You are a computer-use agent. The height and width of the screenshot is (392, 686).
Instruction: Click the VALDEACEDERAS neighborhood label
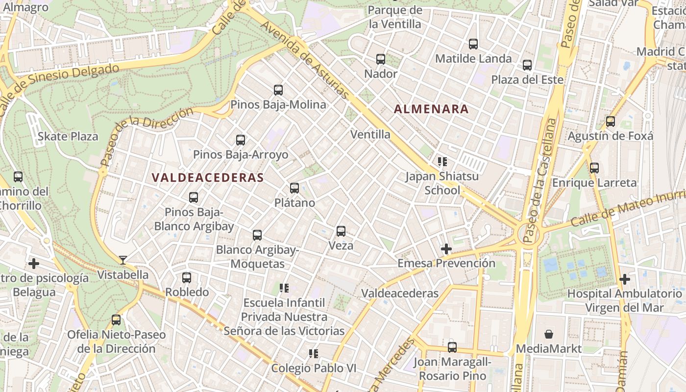[x=208, y=177]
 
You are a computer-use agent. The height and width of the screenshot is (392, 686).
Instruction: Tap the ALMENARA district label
[x=432, y=109]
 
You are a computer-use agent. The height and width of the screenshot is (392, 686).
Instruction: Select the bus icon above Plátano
[x=294, y=188]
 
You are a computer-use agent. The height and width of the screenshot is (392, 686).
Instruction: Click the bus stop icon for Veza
[x=341, y=231]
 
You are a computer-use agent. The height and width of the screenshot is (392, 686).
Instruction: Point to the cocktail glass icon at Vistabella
[x=123, y=260]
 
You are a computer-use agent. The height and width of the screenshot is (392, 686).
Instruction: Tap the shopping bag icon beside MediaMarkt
[x=549, y=334]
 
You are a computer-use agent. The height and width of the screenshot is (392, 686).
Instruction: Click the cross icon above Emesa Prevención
[x=446, y=249]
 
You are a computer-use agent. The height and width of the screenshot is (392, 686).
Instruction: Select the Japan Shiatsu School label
[x=442, y=183]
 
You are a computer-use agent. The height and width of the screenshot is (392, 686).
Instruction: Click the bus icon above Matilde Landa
[x=473, y=44]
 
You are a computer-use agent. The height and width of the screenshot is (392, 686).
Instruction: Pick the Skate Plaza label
[x=68, y=136]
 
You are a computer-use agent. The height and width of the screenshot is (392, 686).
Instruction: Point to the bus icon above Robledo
[x=187, y=277]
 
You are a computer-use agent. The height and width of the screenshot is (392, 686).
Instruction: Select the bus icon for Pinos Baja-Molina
[x=278, y=90]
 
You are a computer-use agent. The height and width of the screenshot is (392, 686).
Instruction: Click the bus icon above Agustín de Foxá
[x=611, y=121]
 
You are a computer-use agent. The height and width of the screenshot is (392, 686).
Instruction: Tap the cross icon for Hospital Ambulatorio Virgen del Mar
[x=625, y=279]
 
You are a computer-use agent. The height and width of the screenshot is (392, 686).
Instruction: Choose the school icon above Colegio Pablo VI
[x=314, y=353]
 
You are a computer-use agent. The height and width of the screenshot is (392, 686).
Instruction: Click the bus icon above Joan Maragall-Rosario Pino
[x=452, y=347]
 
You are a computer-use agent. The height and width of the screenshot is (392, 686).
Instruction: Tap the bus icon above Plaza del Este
[x=527, y=65]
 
